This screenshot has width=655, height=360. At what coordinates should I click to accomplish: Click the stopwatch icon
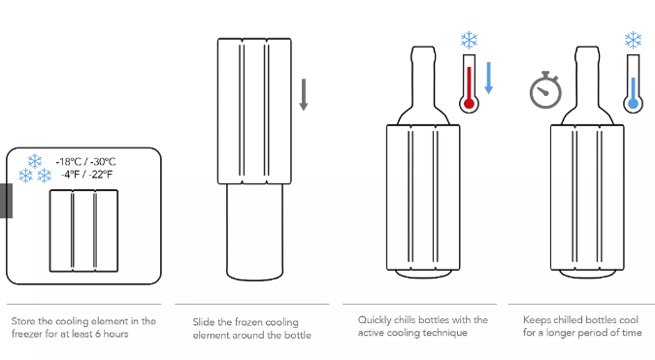point(545,90)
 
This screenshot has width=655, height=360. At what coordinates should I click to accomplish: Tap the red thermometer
point(469,84)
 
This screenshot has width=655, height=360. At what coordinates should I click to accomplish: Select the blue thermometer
point(633,84)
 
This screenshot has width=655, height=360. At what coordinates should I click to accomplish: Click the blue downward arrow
point(488,78)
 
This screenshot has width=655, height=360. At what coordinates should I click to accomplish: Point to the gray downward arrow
point(304,95)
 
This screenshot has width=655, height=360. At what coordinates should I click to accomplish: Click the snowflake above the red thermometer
point(469,40)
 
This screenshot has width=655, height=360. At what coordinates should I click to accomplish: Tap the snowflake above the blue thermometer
point(633,40)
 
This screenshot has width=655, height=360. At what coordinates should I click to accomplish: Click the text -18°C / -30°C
point(85,162)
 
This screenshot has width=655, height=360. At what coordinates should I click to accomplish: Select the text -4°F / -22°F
point(86,174)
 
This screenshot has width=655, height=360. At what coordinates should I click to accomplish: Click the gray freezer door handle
point(6,201)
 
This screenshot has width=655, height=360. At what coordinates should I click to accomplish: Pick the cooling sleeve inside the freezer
point(84,231)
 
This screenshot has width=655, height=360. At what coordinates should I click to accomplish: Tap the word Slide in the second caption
point(204,322)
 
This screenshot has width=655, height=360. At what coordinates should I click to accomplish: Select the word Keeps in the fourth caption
point(536,320)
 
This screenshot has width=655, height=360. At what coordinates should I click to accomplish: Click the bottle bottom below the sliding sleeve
point(254,232)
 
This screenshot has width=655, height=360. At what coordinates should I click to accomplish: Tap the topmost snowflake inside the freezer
point(35,161)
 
